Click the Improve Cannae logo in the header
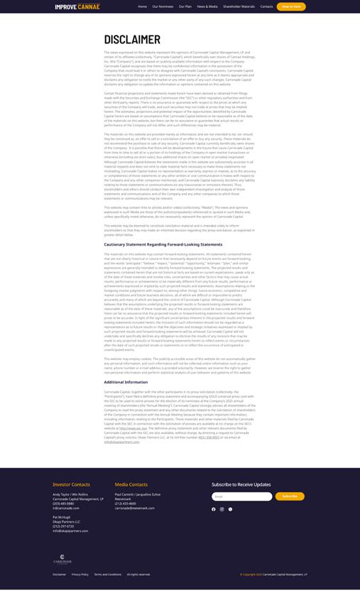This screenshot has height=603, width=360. click(x=77, y=6)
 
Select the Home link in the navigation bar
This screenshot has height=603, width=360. click(x=143, y=6)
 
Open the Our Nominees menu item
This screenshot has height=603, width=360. click(x=163, y=6)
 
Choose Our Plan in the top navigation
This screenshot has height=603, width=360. click(x=185, y=6)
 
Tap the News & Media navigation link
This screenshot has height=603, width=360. click(x=207, y=6)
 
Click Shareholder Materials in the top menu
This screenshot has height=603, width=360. click(x=239, y=6)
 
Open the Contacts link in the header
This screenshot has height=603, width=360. click(x=266, y=6)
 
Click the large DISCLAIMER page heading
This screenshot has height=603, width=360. click(x=132, y=40)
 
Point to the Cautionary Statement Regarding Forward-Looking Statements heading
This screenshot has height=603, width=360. click(x=163, y=244)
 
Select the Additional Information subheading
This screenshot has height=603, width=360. click(x=126, y=382)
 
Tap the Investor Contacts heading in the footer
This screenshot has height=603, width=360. click(x=71, y=484)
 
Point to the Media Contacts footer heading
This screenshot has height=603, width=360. click(x=131, y=484)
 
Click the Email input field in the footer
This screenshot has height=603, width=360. click(x=241, y=496)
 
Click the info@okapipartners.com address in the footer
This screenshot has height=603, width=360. click(x=70, y=531)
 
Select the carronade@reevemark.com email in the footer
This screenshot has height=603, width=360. click(x=134, y=508)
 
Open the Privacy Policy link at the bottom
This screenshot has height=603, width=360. click(x=80, y=574)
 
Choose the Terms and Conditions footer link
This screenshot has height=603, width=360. click(x=107, y=574)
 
